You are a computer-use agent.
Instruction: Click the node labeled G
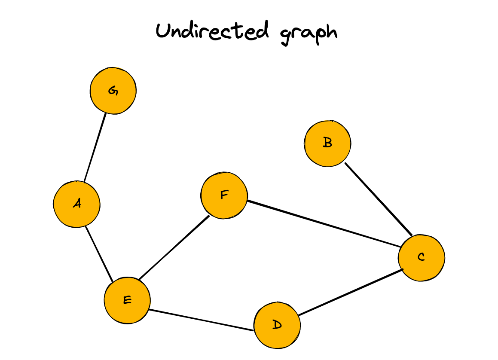113,91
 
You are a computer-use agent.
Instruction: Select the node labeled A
76,204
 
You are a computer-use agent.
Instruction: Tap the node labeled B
327,143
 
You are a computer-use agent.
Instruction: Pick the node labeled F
224,196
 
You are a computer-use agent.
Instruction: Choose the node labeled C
421,258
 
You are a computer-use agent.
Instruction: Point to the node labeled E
127,300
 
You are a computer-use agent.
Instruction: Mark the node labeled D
277,326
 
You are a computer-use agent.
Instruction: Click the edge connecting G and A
95,147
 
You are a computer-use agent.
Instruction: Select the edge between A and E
99,253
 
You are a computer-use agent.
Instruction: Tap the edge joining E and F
174,247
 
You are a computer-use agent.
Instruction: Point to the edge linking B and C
379,199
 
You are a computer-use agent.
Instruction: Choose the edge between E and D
201,320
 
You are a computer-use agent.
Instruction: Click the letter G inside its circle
113,91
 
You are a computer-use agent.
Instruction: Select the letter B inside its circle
327,143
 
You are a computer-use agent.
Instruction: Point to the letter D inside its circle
277,325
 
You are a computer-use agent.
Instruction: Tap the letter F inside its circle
224,195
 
